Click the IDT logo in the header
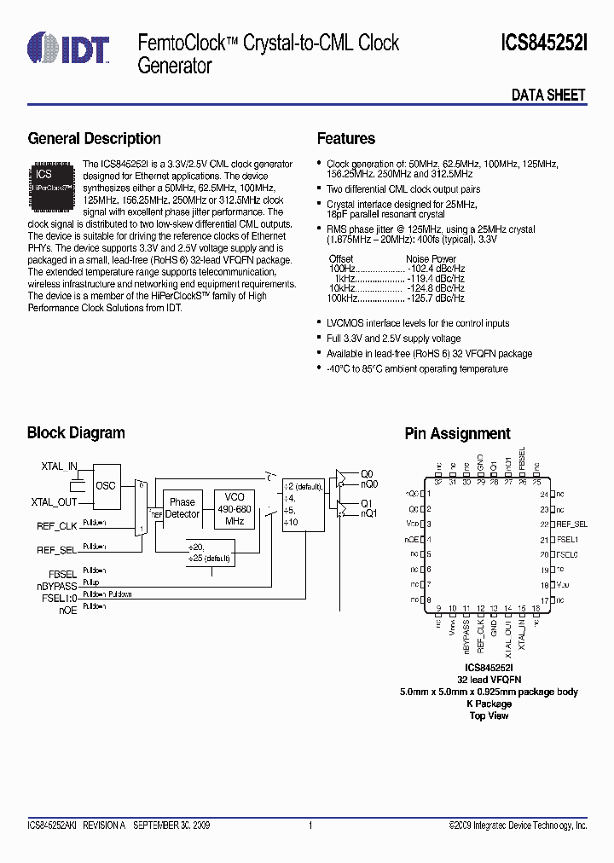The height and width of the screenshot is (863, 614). click(x=68, y=48)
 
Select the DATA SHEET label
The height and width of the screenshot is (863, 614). click(x=548, y=96)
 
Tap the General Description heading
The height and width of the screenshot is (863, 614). click(x=94, y=139)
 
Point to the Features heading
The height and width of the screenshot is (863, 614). click(x=345, y=139)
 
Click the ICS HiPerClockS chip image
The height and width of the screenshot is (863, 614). click(x=53, y=180)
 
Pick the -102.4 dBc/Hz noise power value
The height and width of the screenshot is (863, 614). click(x=435, y=269)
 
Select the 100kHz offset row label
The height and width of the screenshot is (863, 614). click(x=342, y=299)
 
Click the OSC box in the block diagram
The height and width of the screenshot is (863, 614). click(x=106, y=486)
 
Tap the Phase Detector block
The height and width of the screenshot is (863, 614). click(x=182, y=508)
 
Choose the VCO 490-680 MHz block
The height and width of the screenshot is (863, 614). click(x=235, y=508)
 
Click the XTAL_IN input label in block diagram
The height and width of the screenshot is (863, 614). click(x=59, y=467)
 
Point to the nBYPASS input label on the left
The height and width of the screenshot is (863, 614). click(x=56, y=586)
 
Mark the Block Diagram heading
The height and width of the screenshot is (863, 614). click(x=76, y=433)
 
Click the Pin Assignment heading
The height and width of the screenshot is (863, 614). click(x=457, y=434)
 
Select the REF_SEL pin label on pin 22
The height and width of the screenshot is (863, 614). click(x=571, y=524)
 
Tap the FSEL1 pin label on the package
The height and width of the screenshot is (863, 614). click(x=568, y=540)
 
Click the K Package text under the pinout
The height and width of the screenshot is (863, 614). click(x=489, y=704)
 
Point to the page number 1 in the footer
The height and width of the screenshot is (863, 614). click(x=310, y=825)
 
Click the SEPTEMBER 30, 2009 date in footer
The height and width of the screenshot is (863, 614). click(x=171, y=825)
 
